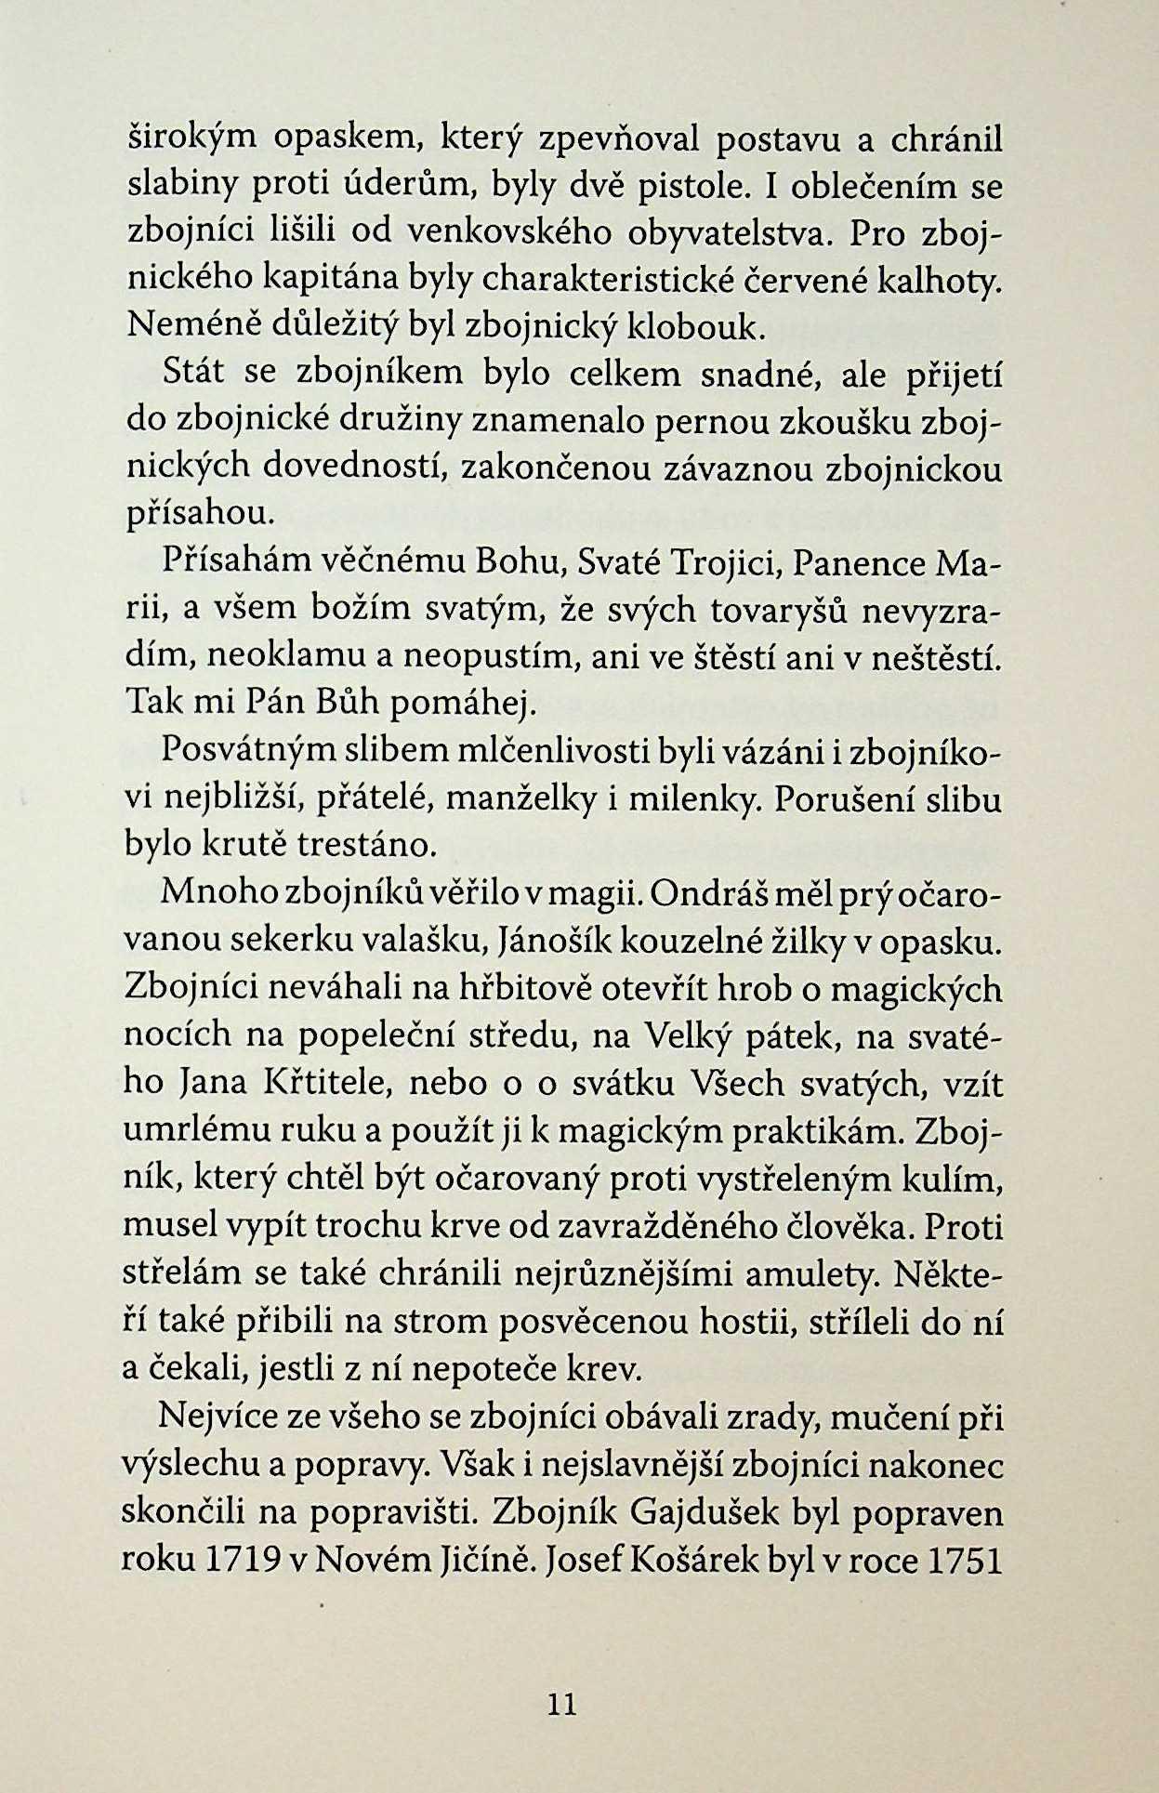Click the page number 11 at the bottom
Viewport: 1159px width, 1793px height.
[x=562, y=1703]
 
